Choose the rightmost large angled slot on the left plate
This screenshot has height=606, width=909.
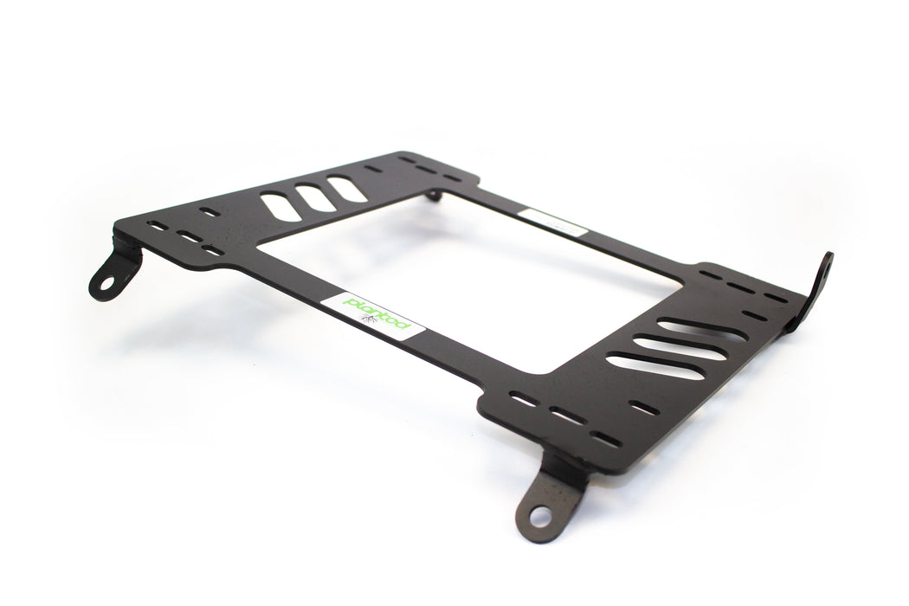point(345,189)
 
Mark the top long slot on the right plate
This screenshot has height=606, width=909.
point(701,330)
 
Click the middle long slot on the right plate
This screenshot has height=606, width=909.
point(680,348)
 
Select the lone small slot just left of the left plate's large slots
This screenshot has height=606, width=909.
point(209,210)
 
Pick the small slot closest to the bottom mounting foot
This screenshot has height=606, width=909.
point(605,438)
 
